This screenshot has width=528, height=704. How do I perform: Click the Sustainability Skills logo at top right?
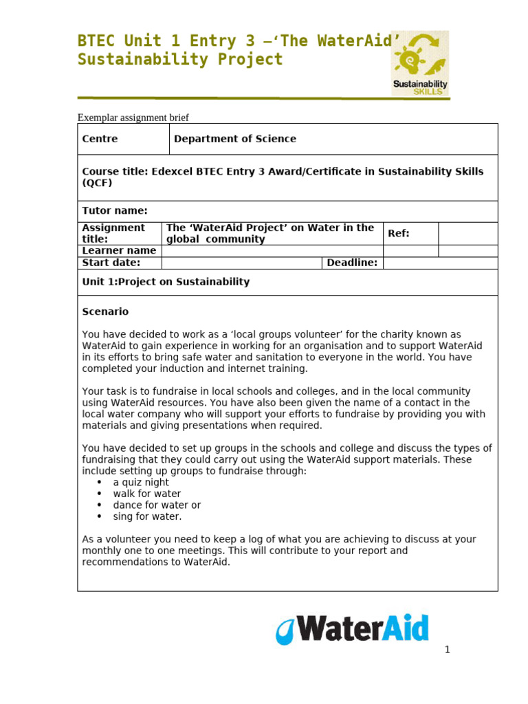[x=420, y=63]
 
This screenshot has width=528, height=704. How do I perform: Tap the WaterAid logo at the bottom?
[x=352, y=629]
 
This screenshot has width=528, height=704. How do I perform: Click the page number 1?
[x=447, y=650]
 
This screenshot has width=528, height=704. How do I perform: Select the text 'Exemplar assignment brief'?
[x=133, y=118]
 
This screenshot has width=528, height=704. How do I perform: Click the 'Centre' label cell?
[x=100, y=139]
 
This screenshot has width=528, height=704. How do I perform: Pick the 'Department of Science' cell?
[x=235, y=139]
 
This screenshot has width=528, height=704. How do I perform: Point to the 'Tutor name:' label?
[x=115, y=211]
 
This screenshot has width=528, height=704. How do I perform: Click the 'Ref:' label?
[x=399, y=234]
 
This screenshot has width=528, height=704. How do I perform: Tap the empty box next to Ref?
[x=467, y=234]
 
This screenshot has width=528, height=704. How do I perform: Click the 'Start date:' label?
[x=111, y=263]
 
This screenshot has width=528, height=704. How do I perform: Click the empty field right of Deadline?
[x=440, y=263]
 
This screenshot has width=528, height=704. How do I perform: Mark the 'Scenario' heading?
[x=105, y=311]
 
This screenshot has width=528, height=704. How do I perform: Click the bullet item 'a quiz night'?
[x=141, y=483]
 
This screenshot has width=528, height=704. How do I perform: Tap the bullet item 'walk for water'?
[x=147, y=494]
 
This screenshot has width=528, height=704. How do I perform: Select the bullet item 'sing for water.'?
[x=148, y=516]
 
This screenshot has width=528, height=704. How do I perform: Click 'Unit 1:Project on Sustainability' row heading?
[x=166, y=282]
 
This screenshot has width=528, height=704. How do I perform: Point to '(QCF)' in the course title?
[x=97, y=183]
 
